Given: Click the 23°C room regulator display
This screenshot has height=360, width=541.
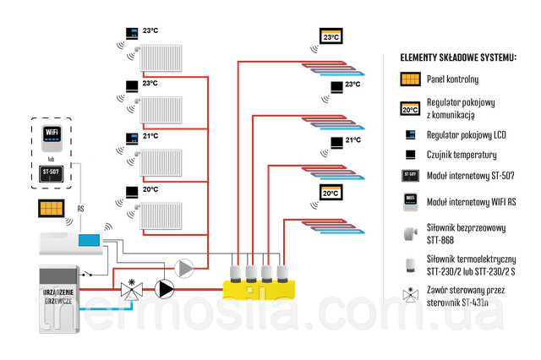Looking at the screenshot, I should point(330,37).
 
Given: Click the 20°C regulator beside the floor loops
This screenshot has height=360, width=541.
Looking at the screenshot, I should point(330,194).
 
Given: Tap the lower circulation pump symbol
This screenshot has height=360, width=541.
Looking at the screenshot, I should point(165,290).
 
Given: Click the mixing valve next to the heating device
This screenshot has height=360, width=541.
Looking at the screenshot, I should point(130,290).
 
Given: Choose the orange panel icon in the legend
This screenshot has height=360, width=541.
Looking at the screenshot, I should point(410,79).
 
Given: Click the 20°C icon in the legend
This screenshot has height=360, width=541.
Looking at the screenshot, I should point(410,109).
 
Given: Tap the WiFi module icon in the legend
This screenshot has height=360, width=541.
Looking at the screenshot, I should point(410,204).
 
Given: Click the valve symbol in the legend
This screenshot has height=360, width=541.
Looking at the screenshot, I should point(410,296).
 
